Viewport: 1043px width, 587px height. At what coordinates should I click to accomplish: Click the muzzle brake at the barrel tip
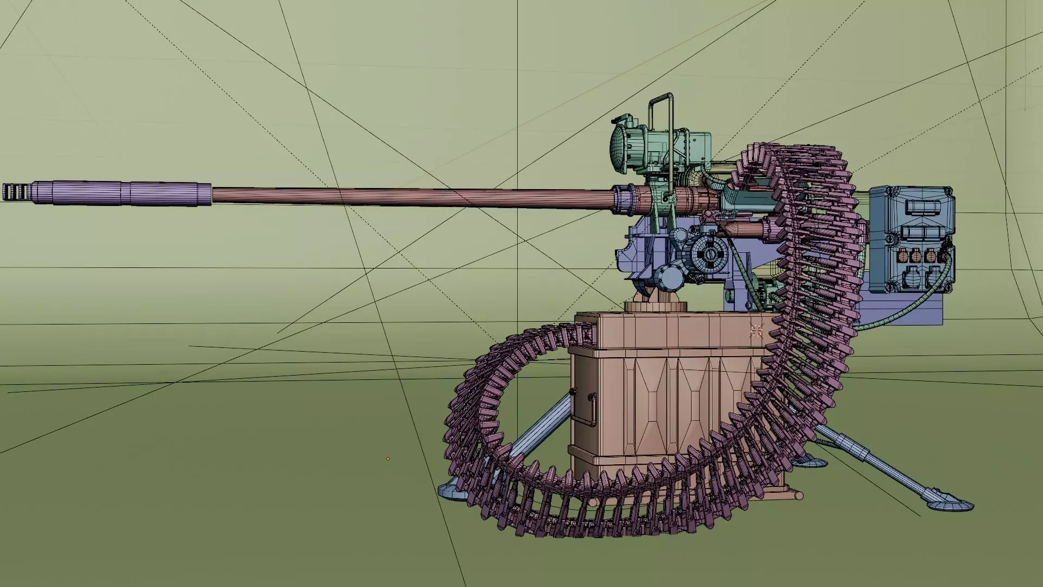pyautogui.click(x=14, y=192)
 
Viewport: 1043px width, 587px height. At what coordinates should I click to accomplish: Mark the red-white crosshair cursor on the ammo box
pyautogui.click(x=757, y=330)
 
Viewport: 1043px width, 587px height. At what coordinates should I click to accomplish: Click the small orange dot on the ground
pyautogui.click(x=387, y=459)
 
